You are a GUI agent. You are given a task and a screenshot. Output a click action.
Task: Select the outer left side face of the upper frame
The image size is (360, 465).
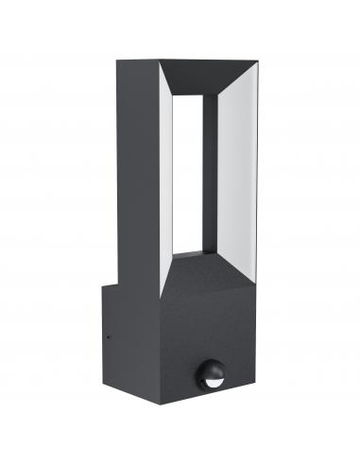pos(137,170)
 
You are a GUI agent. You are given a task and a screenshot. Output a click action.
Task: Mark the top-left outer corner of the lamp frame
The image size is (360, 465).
pos(117,60)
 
